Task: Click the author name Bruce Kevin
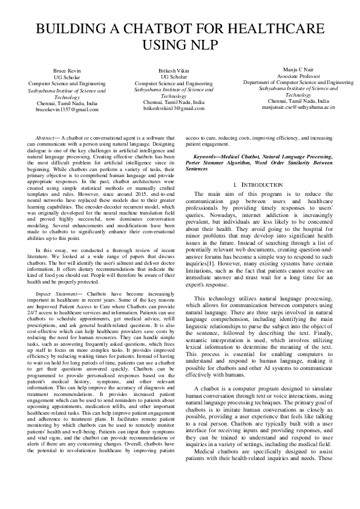(x=67, y=71)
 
